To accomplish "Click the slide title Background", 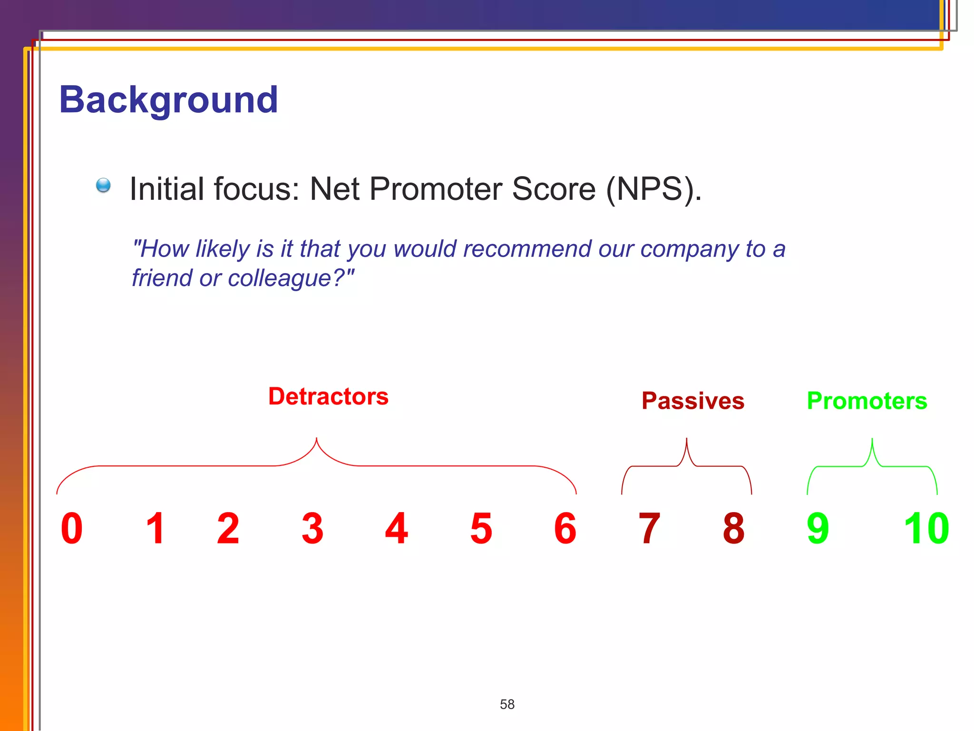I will [x=168, y=100].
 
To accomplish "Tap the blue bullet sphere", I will [x=103, y=185].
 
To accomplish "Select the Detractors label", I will [x=328, y=396].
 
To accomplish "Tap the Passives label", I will [x=692, y=401].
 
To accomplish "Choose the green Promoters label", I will [x=867, y=401].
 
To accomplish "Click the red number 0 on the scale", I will [x=72, y=528].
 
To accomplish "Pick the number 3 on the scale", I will [x=312, y=528].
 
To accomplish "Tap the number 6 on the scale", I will [x=565, y=528].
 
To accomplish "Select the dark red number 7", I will [x=649, y=528].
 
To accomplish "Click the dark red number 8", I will [x=733, y=528].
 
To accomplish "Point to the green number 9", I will [x=818, y=528].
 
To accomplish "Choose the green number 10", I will [x=926, y=528].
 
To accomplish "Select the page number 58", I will [x=507, y=704].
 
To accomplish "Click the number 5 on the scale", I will [x=481, y=528].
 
